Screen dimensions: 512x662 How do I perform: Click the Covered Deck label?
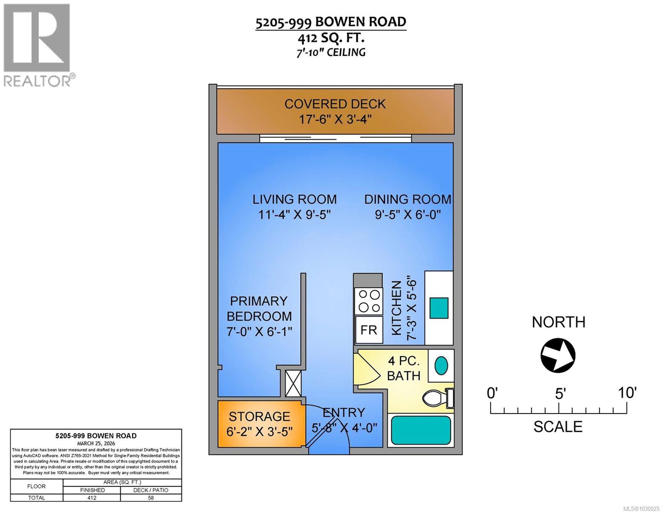pos(335,104)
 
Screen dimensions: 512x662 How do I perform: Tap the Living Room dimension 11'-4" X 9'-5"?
pos(295,214)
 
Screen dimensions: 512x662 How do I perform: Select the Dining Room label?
pos(408,199)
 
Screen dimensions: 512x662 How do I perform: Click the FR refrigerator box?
pos(369,330)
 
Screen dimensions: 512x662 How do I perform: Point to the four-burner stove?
pos(369,301)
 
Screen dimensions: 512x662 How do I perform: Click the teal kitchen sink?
pos(439,308)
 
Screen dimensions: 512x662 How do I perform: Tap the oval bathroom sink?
pos(441,366)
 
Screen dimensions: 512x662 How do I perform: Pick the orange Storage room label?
pos(259,416)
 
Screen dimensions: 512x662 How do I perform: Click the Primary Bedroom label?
pos(259,308)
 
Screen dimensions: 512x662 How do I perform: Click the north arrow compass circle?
pos(558,355)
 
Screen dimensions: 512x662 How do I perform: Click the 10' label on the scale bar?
pos(627,393)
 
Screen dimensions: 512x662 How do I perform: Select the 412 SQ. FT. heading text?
pos(331,38)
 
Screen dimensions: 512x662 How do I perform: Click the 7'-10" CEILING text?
pos(331,52)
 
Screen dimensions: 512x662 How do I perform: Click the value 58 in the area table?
pos(150,497)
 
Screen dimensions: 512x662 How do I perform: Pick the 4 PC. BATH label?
pos(404,368)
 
